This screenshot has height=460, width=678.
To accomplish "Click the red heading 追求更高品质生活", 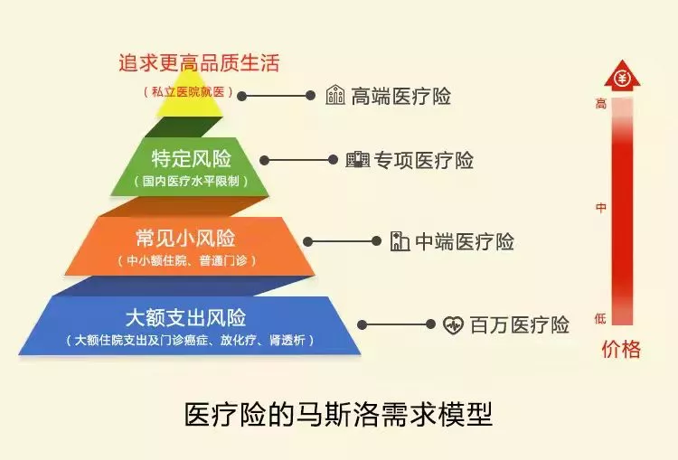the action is click(200, 62).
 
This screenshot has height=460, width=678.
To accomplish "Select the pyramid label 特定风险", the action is click(192, 159).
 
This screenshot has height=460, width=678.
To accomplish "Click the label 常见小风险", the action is click(185, 239).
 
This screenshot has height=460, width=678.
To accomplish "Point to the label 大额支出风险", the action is click(186, 318).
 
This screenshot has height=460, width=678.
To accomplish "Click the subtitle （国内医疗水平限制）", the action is click(191, 181).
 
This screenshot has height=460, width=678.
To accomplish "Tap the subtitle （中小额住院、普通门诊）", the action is click(187, 260).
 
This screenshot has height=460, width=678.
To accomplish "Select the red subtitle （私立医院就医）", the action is click(188, 91).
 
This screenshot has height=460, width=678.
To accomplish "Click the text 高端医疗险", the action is click(400, 96).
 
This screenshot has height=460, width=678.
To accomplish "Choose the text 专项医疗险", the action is click(423, 160).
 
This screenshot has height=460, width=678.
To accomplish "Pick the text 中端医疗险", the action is click(465, 241).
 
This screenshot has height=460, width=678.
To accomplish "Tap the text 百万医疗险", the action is click(519, 324).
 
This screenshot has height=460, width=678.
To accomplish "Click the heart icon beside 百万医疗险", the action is click(453, 324).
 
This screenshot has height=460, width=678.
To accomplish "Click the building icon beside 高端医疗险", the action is click(335, 95).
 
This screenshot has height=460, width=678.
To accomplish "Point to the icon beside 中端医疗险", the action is click(400, 240).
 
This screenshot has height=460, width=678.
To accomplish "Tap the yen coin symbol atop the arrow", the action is click(622, 79).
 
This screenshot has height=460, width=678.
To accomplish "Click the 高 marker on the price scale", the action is click(601, 104).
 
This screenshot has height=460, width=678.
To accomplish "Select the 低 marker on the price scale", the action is click(600, 319).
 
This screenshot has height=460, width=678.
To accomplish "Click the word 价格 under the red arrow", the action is click(621, 349).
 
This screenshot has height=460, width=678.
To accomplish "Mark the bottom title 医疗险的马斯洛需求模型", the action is click(339, 414).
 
